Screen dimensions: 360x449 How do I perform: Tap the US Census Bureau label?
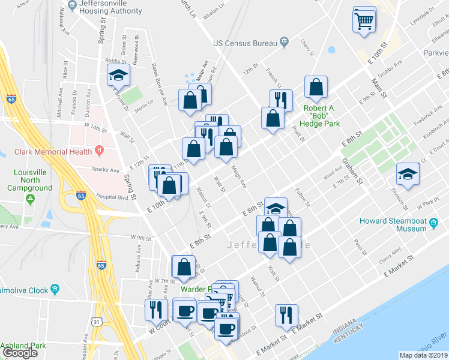tap(246, 43)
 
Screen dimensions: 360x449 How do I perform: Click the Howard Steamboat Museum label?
tap(393, 224)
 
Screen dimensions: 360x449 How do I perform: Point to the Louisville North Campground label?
tap(26, 180)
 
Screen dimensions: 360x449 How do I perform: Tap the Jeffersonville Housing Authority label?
tap(114, 7)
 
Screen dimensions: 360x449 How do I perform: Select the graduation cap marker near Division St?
tap(408, 175)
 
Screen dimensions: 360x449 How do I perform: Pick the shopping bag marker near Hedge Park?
tap(316, 88)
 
